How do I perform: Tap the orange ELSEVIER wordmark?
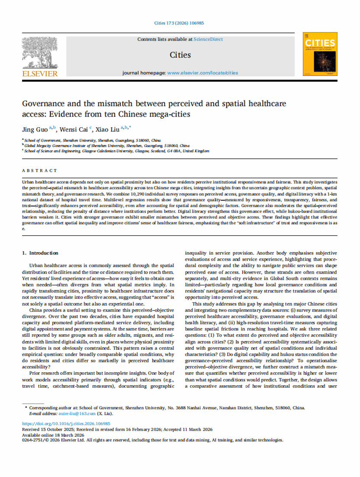click(39, 74)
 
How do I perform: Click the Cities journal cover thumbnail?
click(320, 55)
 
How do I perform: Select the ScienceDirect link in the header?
click(209, 39)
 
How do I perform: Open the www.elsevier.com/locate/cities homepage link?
click(202, 73)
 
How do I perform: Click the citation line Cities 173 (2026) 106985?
click(179, 23)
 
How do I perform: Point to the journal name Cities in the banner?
click(180, 55)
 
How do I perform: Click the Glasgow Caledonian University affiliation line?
click(117, 151)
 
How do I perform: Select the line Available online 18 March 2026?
click(53, 435)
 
